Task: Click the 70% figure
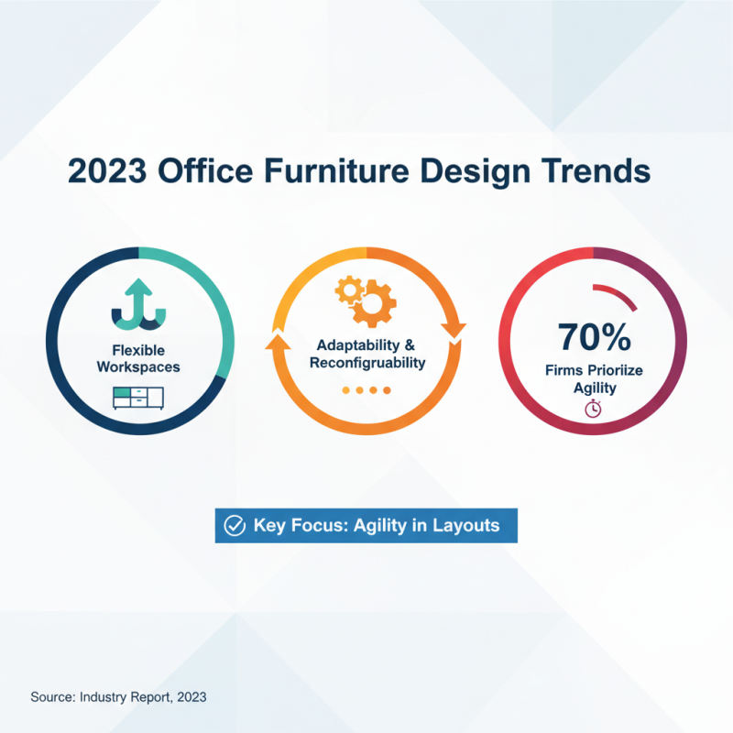[x=595, y=336]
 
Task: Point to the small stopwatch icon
[x=593, y=410]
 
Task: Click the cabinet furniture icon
[x=137, y=397]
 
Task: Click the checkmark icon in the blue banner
[x=235, y=526]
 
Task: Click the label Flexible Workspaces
[x=138, y=358]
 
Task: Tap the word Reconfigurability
[x=367, y=363]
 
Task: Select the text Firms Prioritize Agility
[x=595, y=379]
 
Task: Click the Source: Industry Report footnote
[x=118, y=696]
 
